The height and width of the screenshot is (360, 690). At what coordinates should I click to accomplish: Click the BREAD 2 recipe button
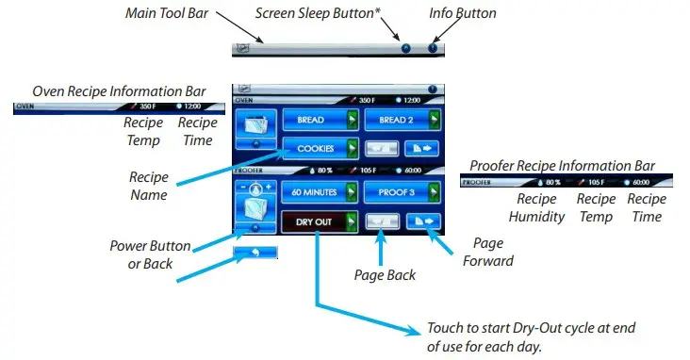pyautogui.click(x=396, y=121)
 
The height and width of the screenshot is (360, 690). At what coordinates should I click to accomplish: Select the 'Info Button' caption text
pyautogui.click(x=463, y=13)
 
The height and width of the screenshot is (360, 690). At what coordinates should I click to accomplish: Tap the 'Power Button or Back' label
pyautogui.click(x=151, y=254)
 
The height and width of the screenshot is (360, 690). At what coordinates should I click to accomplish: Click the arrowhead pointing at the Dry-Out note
pyautogui.click(x=414, y=331)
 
